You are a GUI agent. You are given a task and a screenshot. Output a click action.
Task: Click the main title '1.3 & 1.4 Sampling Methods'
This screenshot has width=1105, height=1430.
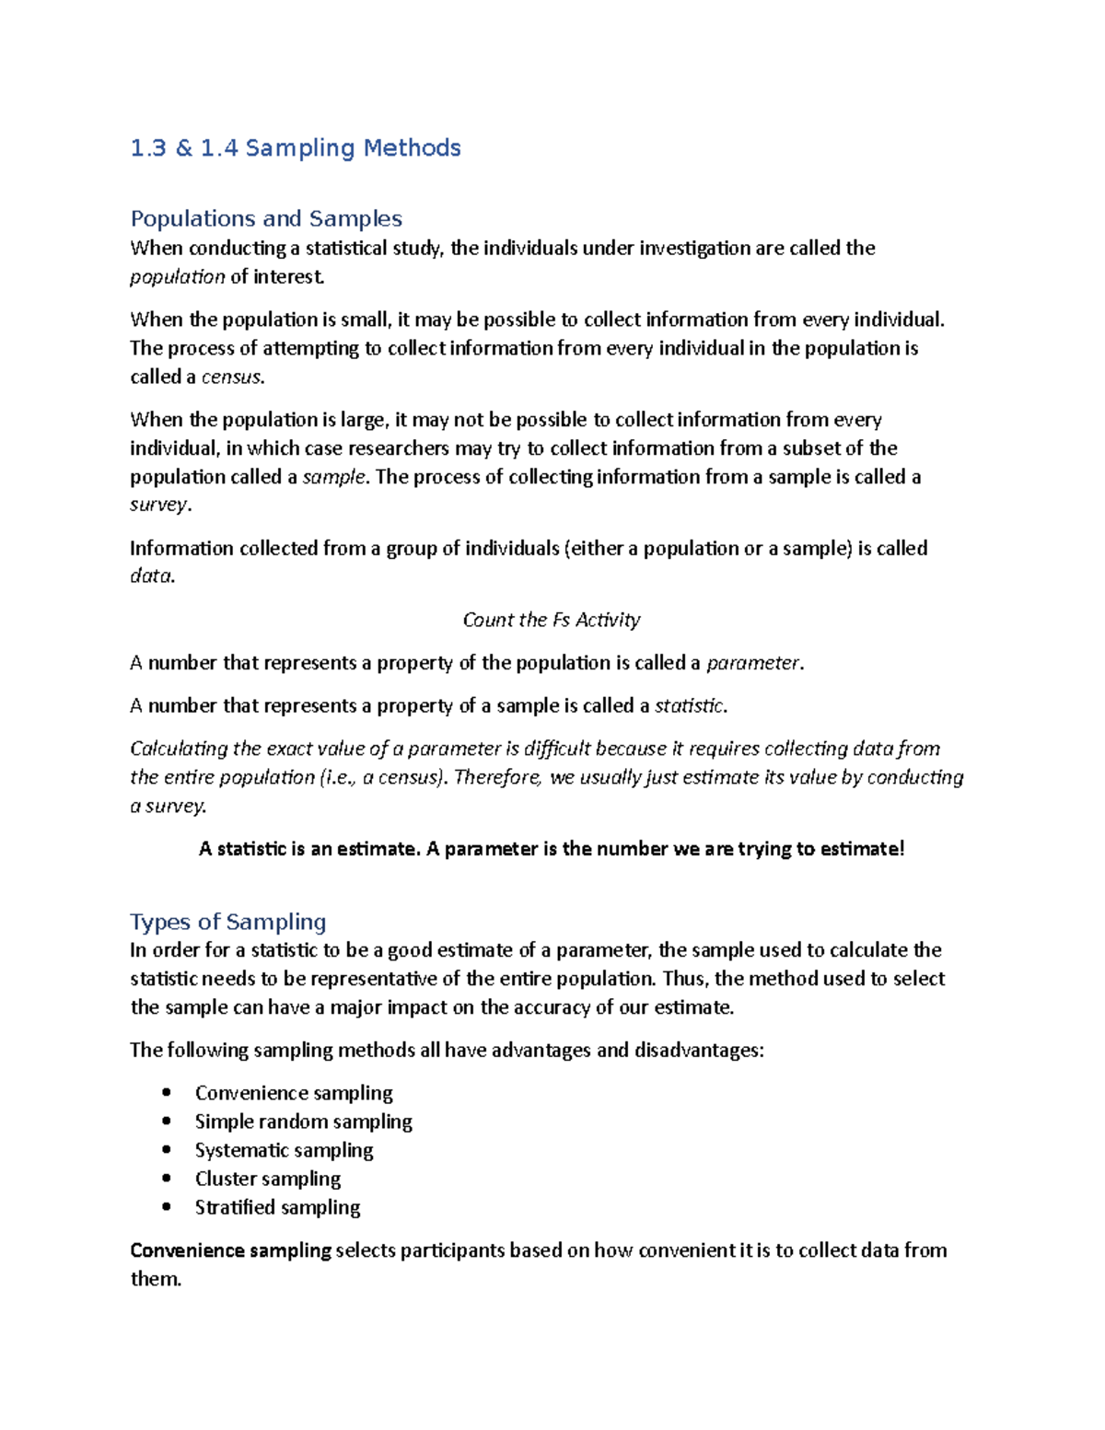[296, 148]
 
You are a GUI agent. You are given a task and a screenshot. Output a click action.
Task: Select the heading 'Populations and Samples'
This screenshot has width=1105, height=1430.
[266, 219]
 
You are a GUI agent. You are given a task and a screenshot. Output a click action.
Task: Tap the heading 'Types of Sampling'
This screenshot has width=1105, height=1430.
[228, 922]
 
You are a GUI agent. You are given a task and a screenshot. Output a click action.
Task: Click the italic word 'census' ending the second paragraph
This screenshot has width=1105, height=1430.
[231, 377]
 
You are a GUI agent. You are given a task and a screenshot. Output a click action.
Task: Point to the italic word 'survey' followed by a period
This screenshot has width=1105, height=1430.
[158, 505]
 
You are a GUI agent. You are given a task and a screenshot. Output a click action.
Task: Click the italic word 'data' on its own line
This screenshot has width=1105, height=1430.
[150, 576]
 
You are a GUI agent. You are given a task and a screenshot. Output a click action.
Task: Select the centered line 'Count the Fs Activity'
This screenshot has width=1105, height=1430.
[551, 620]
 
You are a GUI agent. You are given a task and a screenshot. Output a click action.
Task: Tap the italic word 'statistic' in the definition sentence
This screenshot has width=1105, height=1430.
[689, 706]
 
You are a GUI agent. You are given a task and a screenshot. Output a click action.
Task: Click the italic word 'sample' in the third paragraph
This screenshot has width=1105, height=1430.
[334, 477]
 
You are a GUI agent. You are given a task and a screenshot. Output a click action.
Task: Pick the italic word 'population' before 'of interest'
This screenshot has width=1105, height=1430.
[177, 277]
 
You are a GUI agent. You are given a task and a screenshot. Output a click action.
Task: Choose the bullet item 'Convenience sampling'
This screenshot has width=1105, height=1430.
[294, 1093]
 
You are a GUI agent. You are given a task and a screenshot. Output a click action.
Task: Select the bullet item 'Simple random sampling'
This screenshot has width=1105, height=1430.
[303, 1122]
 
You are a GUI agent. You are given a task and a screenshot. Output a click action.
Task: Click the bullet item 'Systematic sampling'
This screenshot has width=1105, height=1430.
[284, 1150]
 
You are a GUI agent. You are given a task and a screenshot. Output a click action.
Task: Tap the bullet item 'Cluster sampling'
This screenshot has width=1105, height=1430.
[267, 1179]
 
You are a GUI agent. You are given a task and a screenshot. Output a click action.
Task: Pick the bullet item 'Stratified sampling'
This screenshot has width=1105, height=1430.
[277, 1207]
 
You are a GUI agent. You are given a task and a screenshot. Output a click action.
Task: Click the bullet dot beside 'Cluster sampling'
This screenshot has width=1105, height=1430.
[167, 1179]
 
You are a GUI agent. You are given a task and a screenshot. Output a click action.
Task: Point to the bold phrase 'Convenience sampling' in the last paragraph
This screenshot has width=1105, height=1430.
[230, 1250]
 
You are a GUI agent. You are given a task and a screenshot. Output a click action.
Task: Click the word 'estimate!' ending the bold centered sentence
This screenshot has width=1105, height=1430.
[862, 849]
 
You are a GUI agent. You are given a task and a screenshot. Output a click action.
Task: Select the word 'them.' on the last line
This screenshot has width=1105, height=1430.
[156, 1279]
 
